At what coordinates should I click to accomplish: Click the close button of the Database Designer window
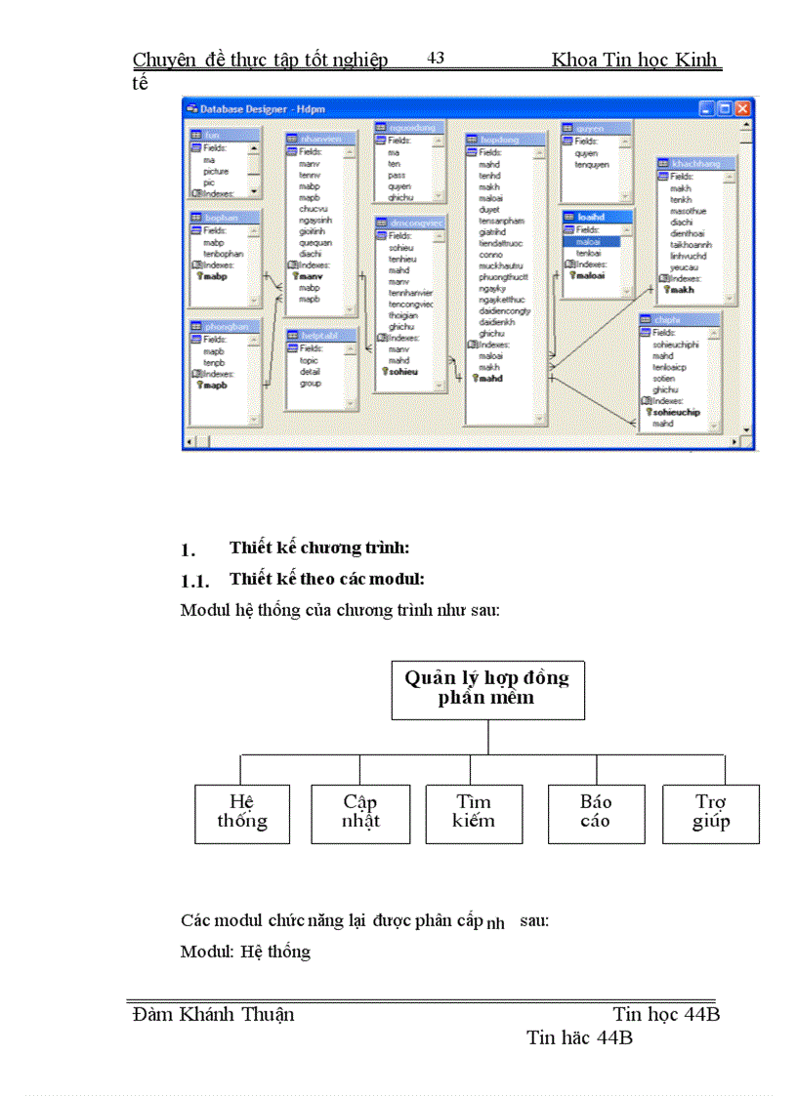743,108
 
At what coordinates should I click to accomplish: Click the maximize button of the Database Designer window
726,108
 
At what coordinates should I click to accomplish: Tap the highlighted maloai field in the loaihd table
589,241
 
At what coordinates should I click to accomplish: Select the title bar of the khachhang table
696,164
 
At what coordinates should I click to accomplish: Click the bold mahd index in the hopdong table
489,378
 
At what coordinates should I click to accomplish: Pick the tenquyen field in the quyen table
592,165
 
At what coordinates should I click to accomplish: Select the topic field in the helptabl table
310,360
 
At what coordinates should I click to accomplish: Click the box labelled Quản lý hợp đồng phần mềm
487,688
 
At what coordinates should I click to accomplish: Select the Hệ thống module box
242,812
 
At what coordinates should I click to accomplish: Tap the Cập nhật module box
360,812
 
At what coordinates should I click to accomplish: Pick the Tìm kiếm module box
474,812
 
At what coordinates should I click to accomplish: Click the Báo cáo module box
595,812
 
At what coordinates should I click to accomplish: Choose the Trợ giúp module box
710,812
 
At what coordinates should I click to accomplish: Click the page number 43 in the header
436,59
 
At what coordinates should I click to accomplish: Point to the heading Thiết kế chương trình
319,548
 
